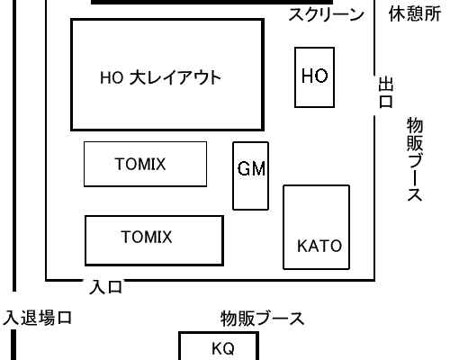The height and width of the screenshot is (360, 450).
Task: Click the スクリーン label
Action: tap(326, 14)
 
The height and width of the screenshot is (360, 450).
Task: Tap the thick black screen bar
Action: tap(211, 2)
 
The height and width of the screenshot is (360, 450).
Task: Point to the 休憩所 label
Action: tap(415, 14)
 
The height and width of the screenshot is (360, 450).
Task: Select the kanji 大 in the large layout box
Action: tap(137, 77)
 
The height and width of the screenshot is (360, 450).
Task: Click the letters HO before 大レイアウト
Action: tap(112, 77)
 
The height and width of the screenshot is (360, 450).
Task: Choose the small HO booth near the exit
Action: tap(314, 77)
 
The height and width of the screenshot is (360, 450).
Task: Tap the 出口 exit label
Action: tap(385, 93)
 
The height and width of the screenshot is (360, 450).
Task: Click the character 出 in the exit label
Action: tap(385, 85)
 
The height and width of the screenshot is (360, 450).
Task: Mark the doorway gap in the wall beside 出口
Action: tap(374, 95)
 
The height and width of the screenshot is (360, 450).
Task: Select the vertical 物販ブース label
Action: tap(415, 159)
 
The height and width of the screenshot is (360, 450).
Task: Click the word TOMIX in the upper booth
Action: tap(140, 164)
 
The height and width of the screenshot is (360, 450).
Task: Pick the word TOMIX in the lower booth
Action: tap(147, 237)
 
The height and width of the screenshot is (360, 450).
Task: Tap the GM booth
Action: tap(251, 175)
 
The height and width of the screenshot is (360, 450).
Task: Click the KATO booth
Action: tap(317, 227)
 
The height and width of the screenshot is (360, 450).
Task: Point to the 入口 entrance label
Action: tap(106, 287)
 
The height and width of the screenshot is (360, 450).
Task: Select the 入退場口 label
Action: tap(37, 318)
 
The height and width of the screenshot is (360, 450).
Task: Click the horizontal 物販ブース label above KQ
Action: tap(263, 319)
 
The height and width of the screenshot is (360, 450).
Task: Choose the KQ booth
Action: tap(219, 346)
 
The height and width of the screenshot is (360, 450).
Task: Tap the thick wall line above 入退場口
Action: tap(14, 146)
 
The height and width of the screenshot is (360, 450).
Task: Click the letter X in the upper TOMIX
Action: tap(161, 164)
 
